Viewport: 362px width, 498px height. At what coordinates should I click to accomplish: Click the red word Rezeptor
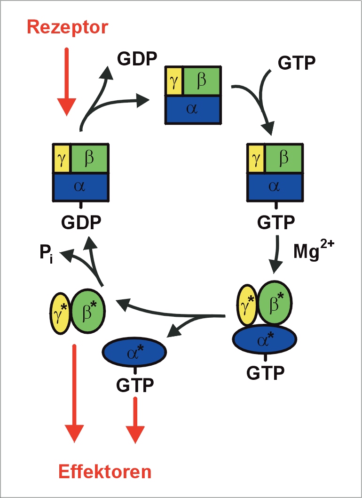pyautogui.click(x=68, y=27)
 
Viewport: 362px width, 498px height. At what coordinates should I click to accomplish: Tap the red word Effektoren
pyautogui.click(x=105, y=471)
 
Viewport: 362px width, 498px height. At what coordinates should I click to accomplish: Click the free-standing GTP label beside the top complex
pyautogui.click(x=296, y=63)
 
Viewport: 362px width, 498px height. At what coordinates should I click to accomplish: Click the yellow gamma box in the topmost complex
pyautogui.click(x=173, y=81)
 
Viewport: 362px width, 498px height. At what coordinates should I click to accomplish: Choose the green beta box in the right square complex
pyautogui.click(x=284, y=159)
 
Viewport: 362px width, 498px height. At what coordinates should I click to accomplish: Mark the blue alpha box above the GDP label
pyautogui.click(x=80, y=187)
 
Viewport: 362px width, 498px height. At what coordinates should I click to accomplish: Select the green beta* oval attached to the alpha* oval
pyautogui.click(x=275, y=302)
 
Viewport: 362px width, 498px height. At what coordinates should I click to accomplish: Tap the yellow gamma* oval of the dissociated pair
pyautogui.click(x=60, y=312)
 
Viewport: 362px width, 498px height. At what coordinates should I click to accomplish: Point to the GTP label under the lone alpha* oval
pyautogui.click(x=135, y=386)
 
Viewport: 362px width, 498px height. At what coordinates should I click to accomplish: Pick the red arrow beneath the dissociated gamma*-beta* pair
pyautogui.click(x=74, y=394)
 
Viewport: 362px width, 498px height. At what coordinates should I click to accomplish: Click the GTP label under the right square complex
pyautogui.click(x=275, y=222)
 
